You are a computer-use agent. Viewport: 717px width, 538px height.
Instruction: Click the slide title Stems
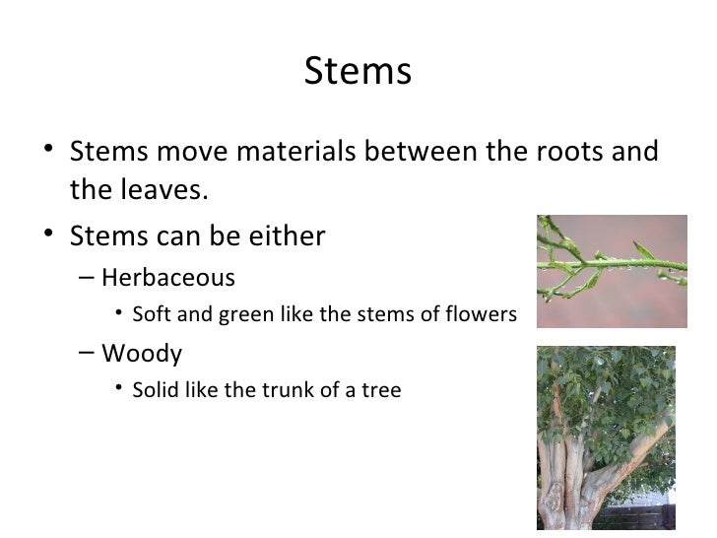pos(358,72)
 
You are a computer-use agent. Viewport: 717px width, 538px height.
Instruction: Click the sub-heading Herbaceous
pos(168,277)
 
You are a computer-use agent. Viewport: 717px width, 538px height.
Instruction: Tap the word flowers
pos(482,315)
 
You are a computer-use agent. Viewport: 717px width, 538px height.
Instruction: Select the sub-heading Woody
pos(142,352)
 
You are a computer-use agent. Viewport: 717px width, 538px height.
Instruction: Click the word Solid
pos(157,390)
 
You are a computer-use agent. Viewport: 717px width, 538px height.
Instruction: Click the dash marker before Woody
pos(87,352)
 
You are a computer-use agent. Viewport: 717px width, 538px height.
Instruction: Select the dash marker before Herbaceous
pos(87,277)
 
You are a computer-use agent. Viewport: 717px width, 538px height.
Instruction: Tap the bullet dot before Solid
pos(118,390)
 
